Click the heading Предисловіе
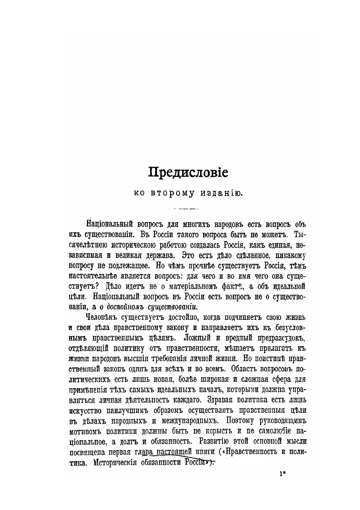click(188, 173)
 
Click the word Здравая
click(222, 400)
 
